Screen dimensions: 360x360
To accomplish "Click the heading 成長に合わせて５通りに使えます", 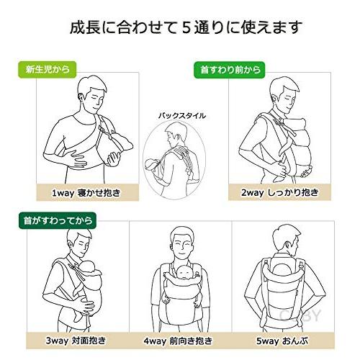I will [x=180, y=28].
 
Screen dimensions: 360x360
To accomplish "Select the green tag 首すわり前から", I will [x=229, y=70].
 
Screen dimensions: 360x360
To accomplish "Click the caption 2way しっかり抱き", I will [x=282, y=193].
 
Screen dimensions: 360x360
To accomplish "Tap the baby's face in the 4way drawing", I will [x=181, y=274].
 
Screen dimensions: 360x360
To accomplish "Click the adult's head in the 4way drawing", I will [x=181, y=248].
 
